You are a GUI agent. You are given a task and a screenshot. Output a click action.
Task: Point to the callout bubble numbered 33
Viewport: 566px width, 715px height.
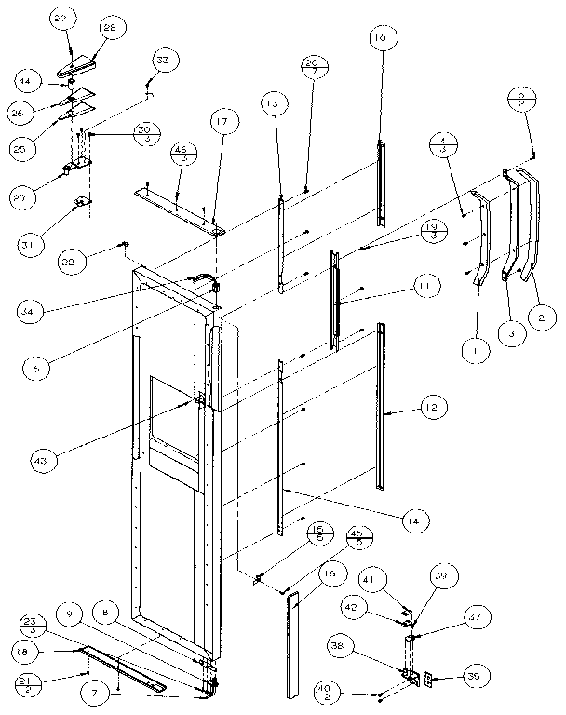click(x=163, y=61)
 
